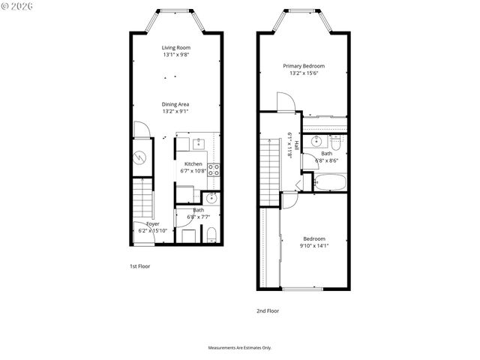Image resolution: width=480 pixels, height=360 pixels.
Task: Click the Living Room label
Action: coord(175,47)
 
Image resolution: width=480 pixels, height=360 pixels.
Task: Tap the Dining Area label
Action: coord(175,104)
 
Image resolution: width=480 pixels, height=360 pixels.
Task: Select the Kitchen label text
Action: coord(193,163)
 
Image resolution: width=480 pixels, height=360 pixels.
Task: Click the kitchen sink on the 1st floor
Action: coord(199,143)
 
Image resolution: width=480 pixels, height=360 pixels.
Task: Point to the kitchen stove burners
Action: coord(213,169)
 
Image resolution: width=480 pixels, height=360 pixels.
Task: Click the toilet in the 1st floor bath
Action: coord(211,235)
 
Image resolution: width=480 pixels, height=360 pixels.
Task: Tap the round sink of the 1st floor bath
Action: coord(211,199)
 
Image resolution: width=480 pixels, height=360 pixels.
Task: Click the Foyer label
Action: coord(152,223)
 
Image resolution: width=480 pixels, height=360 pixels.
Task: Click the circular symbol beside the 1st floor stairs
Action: coord(141,157)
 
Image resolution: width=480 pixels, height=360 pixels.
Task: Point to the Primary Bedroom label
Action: coord(303,66)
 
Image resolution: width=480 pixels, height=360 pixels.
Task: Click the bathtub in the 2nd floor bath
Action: coord(328,181)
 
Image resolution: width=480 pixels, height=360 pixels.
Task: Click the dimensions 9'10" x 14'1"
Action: coord(313,245)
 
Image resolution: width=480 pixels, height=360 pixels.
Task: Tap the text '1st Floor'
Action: coord(139,265)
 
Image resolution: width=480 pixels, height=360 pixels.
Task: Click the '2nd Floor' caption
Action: coord(268,310)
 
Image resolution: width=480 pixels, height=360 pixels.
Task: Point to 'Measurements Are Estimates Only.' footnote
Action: coord(239,348)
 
